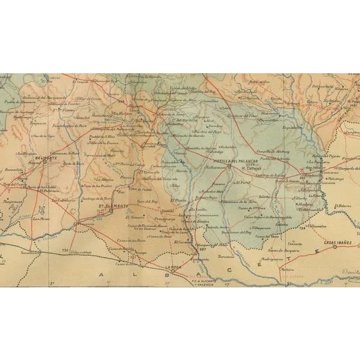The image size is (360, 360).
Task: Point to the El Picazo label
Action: point(178,200)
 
